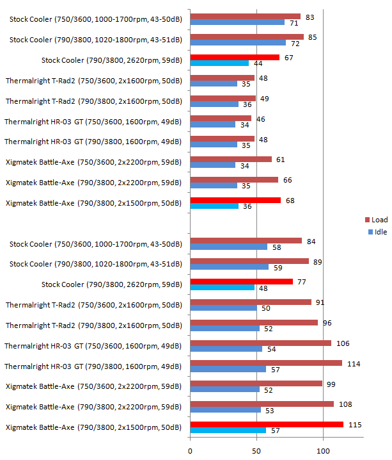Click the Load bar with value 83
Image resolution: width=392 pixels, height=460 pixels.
point(245,16)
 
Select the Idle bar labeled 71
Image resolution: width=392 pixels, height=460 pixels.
point(237,22)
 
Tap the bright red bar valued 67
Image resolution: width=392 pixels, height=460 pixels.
point(235,57)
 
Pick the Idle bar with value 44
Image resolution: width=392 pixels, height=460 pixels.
point(219,63)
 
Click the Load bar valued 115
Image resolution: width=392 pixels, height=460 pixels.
point(267,424)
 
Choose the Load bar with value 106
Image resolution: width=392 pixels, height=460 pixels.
point(260,343)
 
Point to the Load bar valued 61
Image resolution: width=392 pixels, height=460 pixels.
point(231,159)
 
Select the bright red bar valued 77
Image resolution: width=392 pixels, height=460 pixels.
point(241,281)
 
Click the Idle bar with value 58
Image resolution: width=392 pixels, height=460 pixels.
point(228,247)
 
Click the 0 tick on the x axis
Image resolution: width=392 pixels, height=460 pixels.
point(190,450)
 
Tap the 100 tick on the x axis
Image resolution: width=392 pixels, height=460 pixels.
point(324,450)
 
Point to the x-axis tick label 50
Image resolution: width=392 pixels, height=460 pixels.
point(256,450)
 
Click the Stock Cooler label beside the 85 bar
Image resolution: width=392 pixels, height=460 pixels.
point(95,40)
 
